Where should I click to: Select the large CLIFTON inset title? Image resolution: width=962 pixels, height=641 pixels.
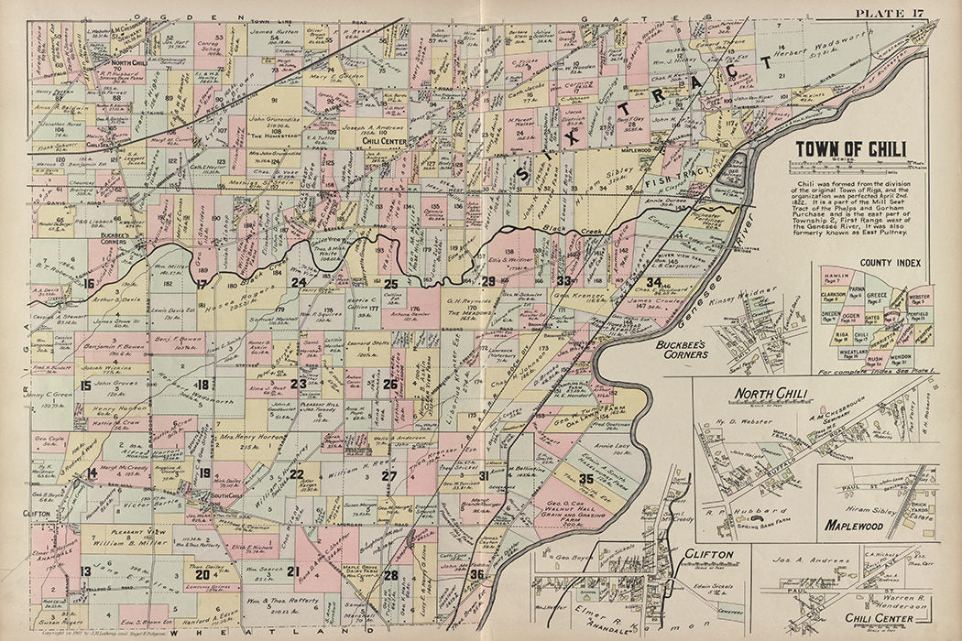(710, 555)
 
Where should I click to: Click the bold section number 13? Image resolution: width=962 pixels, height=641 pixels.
(85, 571)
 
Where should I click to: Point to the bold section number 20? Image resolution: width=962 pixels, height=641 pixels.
(202, 575)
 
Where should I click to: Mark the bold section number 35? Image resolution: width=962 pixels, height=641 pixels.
(586, 478)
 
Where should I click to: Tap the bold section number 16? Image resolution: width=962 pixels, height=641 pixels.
(88, 284)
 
